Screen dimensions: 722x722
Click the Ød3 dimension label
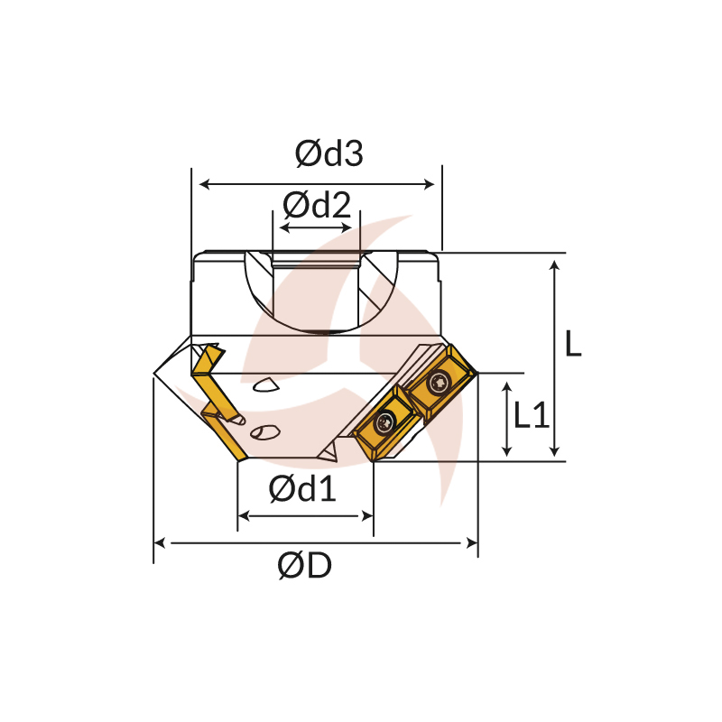[329, 153]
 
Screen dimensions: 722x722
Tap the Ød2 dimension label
[317, 205]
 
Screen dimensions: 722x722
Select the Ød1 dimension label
[302, 488]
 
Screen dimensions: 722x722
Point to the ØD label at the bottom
[304, 566]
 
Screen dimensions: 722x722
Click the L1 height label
[531, 415]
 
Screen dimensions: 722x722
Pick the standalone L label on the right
[573, 343]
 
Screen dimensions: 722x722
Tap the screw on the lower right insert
[386, 421]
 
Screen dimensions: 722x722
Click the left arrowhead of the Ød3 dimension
[205, 185]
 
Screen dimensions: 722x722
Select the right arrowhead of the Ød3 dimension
[429, 185]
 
